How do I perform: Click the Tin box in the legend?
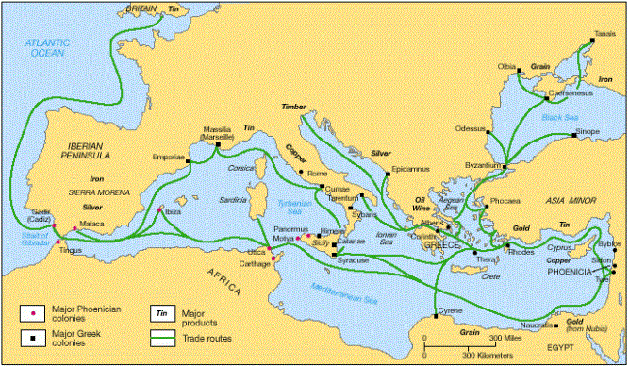(x=161, y=309)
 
